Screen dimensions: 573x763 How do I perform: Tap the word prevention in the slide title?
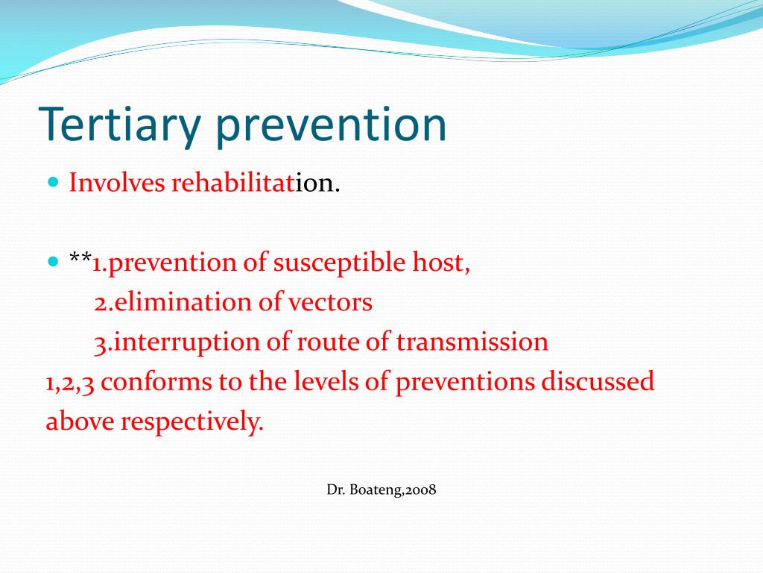pos(332,125)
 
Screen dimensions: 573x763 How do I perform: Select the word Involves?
pos(117,183)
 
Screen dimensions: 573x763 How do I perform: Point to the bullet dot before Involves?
pos(53,182)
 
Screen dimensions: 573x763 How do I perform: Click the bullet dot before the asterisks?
pos(53,262)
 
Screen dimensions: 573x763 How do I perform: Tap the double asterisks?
pos(80,260)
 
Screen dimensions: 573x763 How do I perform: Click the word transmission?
pos(472,342)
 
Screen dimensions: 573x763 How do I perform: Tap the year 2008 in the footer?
pos(420,490)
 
